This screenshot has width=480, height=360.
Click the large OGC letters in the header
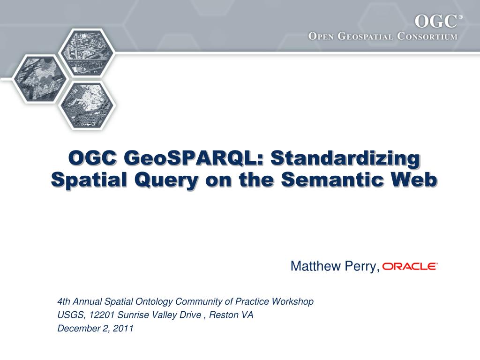pyautogui.click(x=436, y=22)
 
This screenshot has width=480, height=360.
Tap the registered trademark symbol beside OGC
pyautogui.click(x=460, y=17)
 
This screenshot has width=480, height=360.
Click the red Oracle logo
pyautogui.click(x=410, y=266)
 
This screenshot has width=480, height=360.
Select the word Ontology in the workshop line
pyautogui.click(x=153, y=301)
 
